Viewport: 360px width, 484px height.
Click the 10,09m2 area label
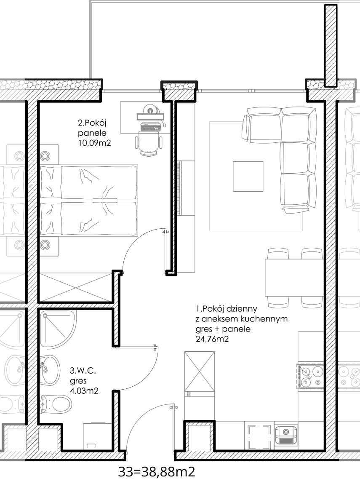click(94, 143)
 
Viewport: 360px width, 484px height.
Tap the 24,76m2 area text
click(212, 339)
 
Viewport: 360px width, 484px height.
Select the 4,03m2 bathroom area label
click(84, 391)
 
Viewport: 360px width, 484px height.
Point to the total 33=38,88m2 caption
click(157, 472)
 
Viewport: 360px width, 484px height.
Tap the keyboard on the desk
click(150, 126)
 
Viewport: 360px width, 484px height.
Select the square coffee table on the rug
click(248, 176)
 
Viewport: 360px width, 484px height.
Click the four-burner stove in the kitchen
click(311, 376)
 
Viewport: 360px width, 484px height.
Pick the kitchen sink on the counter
click(286, 435)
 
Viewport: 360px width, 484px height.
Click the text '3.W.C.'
click(83, 370)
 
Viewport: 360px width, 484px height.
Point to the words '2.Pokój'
click(92, 123)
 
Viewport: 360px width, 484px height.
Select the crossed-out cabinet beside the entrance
click(199, 372)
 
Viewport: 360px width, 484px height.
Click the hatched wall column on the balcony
click(331, 45)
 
